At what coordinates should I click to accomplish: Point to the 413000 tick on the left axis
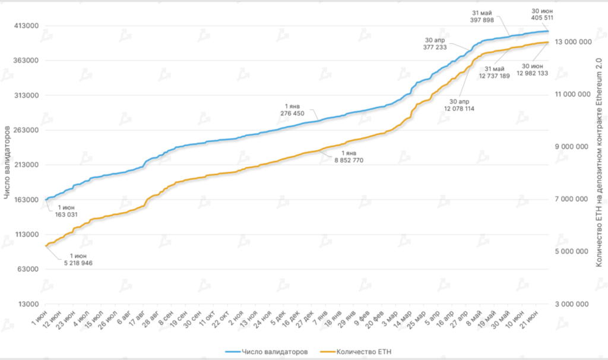(26, 26)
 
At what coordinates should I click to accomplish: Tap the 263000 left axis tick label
(26, 130)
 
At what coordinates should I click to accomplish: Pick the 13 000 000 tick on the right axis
(572, 42)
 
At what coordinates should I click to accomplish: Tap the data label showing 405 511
(539, 18)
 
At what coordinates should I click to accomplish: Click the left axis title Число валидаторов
(7, 164)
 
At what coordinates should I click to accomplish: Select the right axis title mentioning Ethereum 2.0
(599, 164)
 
